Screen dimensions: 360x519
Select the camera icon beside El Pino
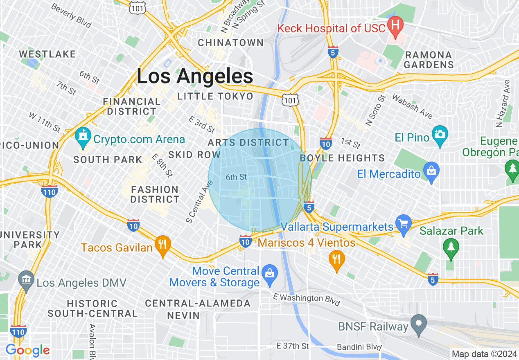(440, 135)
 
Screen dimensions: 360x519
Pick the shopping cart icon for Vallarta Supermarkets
(403, 225)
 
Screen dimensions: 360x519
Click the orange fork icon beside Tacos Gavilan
(162, 245)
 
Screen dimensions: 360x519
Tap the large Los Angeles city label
(195, 76)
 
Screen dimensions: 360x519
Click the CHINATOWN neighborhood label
(231, 43)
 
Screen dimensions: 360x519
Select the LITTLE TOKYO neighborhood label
(215, 97)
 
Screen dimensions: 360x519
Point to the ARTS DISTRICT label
(248, 143)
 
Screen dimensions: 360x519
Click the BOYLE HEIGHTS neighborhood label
(342, 158)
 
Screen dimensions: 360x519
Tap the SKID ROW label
(194, 155)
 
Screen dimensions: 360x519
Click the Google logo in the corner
(27, 351)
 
